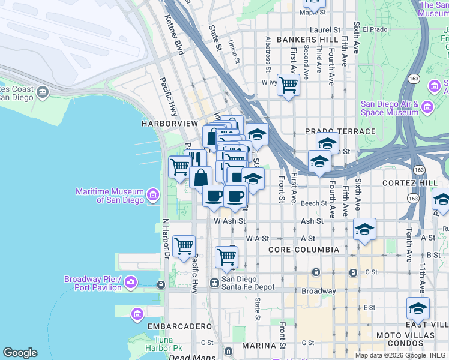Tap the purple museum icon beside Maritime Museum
click(152, 195)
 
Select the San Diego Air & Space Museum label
click(389, 108)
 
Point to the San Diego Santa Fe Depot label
click(247, 283)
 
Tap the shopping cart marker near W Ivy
click(288, 85)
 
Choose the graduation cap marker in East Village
click(418, 308)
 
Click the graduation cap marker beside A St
click(364, 230)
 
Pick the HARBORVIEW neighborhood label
click(169, 123)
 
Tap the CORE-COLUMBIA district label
click(304, 249)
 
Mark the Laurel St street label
click(325, 29)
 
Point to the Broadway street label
click(318, 291)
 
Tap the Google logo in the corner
click(20, 353)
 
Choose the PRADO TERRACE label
click(340, 131)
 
